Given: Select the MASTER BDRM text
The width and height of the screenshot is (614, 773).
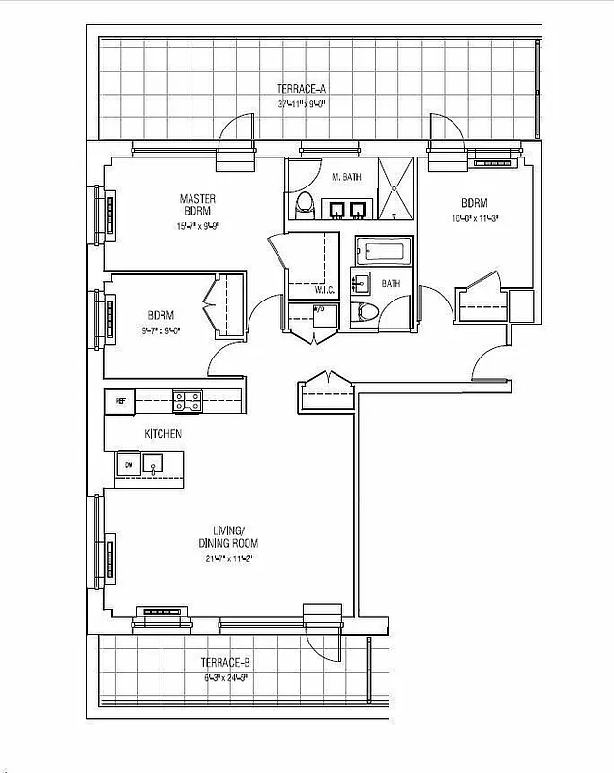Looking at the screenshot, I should [196, 206].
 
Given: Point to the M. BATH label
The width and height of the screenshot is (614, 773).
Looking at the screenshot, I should [346, 178].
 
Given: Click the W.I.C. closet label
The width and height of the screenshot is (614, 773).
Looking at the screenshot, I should [324, 289].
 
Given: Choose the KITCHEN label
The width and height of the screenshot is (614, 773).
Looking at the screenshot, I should [162, 435].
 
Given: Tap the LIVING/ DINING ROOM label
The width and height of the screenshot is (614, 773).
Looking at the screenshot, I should [233, 536].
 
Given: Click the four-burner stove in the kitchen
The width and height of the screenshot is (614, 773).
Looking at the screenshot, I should [187, 400].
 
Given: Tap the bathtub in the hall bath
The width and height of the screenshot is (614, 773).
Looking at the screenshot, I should [385, 254].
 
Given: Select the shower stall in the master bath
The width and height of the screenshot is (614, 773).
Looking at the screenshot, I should [394, 189].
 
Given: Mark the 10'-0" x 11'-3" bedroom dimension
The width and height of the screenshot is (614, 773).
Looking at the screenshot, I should [474, 218].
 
